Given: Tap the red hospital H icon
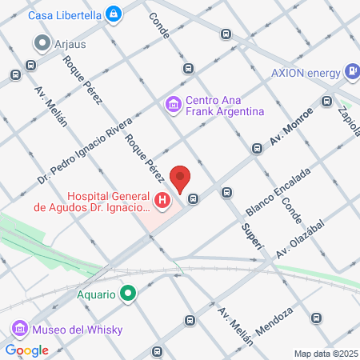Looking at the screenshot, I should [163, 201].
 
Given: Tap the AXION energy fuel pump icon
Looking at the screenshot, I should [352, 71].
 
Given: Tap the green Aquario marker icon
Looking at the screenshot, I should [128, 294].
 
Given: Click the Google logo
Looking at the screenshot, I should [27, 350].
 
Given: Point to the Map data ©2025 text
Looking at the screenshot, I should [326, 354].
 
